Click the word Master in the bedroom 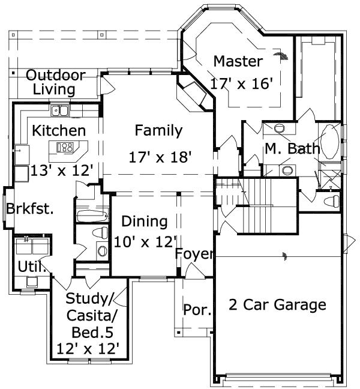[238, 61]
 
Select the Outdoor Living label [55, 83]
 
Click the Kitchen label [58, 130]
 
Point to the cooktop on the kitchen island [65, 147]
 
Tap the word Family [158, 130]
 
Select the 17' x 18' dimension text [160, 157]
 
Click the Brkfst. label [30, 210]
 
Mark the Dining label [145, 221]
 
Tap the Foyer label [194, 255]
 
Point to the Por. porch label [197, 310]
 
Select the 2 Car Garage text [277, 305]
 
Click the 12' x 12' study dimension [91, 348]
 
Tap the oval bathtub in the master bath [331, 141]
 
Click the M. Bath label [292, 148]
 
